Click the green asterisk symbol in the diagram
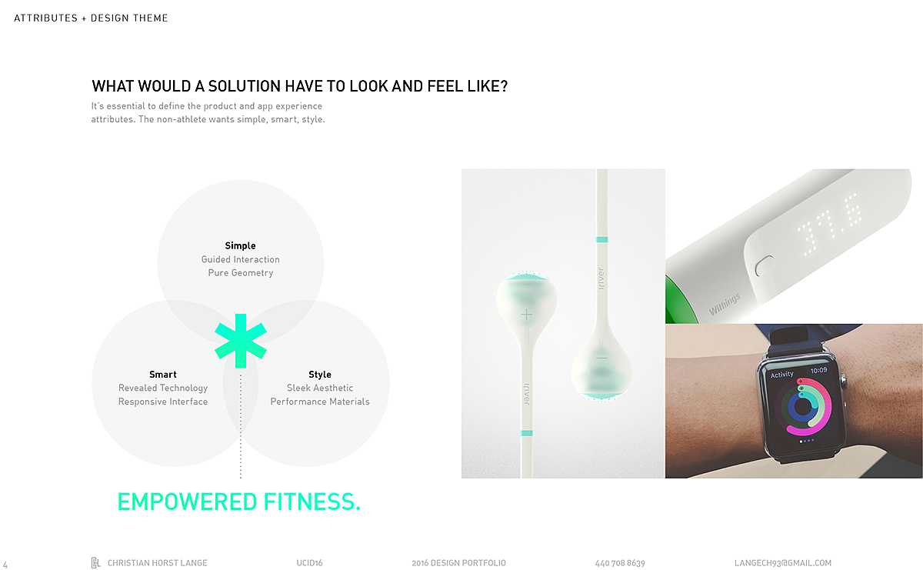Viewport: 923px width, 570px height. point(241,341)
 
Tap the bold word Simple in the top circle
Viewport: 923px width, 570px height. point(240,245)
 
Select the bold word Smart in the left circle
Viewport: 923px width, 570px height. point(163,374)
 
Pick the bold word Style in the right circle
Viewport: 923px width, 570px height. point(320,374)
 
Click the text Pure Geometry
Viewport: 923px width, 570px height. point(241,273)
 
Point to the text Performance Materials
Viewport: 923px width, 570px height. point(320,402)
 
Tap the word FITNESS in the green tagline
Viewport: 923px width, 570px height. point(312,502)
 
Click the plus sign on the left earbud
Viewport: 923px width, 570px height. point(526,315)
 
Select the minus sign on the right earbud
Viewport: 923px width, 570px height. point(601,358)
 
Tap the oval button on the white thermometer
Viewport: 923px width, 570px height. point(765,266)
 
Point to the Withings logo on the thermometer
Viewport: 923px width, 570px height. point(725,304)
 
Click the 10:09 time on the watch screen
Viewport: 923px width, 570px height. point(818,371)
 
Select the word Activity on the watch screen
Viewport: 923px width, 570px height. point(781,374)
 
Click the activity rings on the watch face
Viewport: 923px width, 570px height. point(803,407)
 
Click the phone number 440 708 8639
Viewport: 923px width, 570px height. point(620,563)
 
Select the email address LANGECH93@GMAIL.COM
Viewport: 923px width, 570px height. point(783,563)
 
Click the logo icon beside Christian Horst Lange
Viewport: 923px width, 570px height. point(95,562)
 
